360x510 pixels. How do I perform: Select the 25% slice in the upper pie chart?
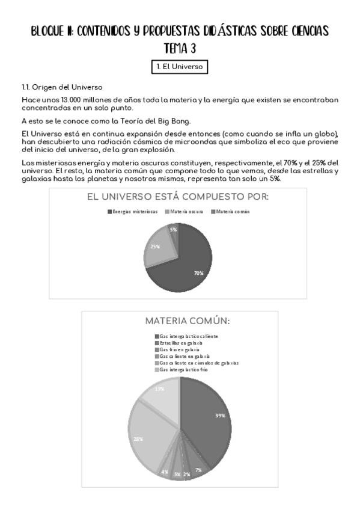point(158,248)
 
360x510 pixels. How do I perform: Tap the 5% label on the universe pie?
point(173,230)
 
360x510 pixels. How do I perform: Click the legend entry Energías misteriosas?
point(135,212)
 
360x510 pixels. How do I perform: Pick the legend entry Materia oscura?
point(185,212)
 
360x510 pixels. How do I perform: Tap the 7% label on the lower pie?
point(198,469)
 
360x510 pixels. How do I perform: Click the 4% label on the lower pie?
point(164,472)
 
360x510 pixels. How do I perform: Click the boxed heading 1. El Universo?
point(180,67)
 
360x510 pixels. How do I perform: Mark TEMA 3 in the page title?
point(180,48)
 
